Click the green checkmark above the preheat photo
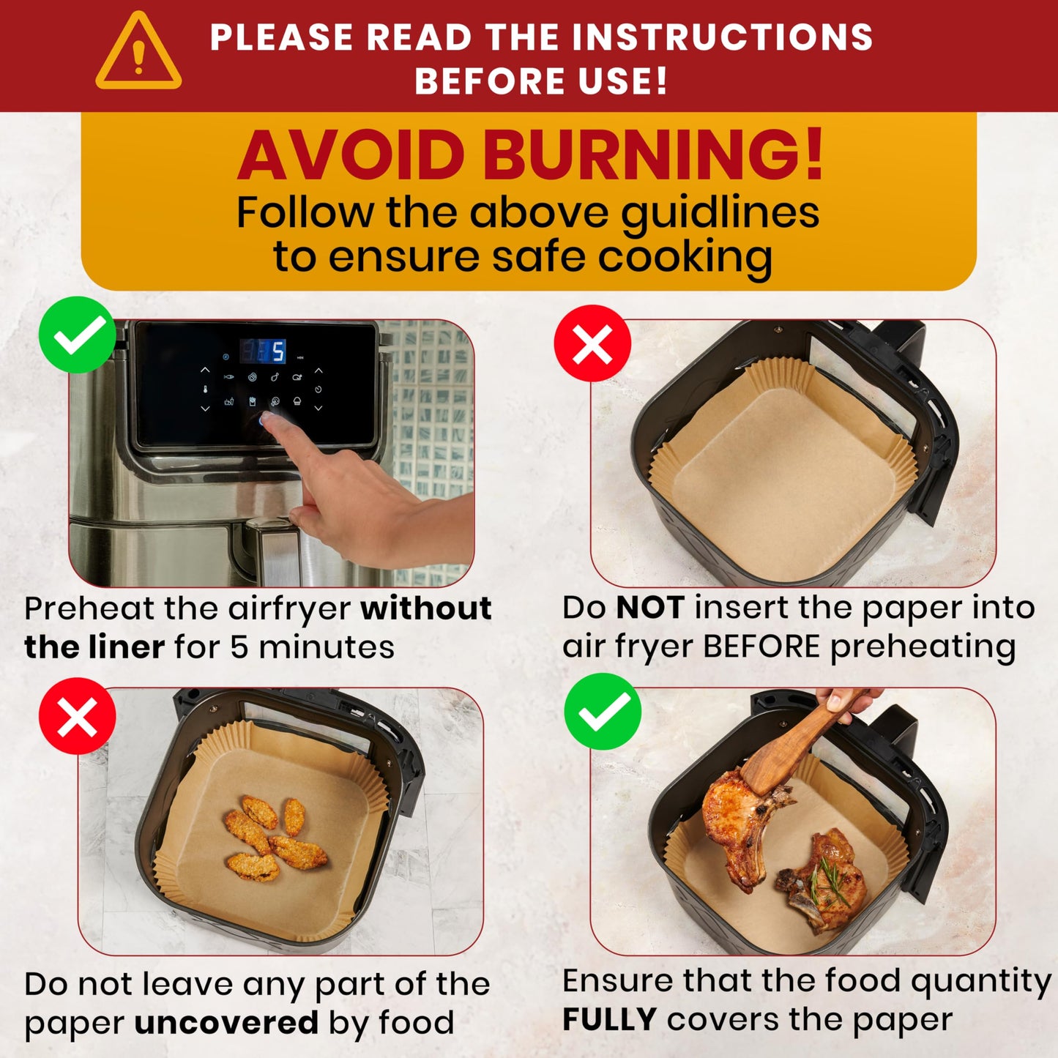click(77, 335)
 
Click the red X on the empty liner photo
click(592, 343)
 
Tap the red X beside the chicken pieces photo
click(77, 716)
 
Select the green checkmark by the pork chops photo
click(603, 712)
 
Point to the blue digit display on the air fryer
click(264, 351)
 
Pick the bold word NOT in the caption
click(650, 608)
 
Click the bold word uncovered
click(226, 1023)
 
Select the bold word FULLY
click(609, 1020)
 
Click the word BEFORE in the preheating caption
click(761, 647)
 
